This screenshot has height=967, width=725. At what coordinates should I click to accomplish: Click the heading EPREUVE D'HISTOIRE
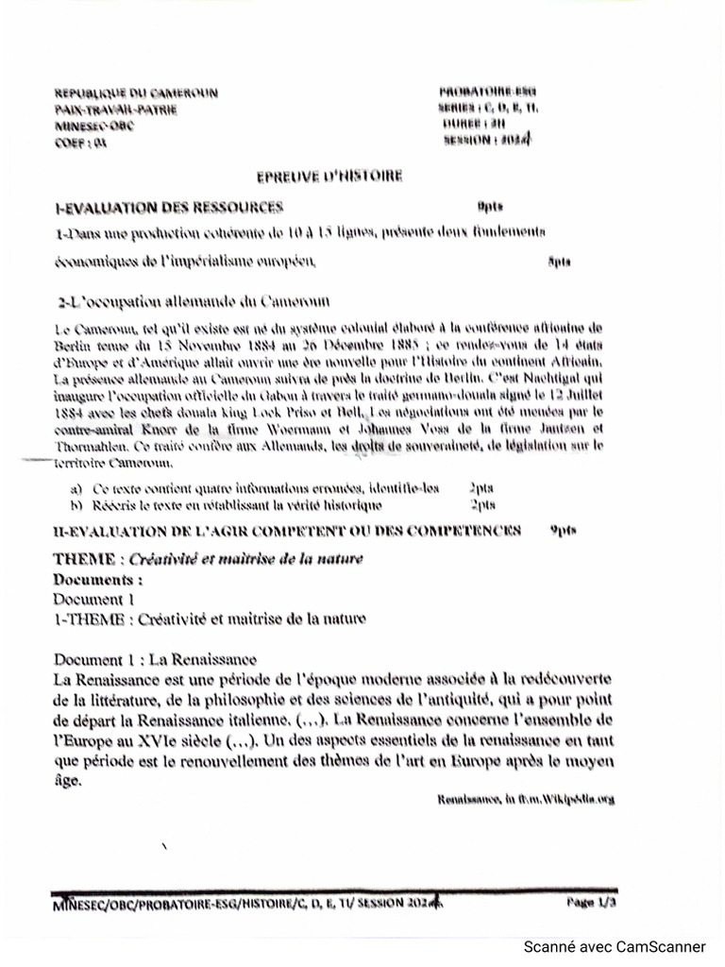(329, 176)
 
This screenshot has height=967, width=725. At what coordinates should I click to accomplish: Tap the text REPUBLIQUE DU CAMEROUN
(136, 93)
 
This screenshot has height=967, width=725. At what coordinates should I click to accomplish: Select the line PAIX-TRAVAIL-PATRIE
(115, 110)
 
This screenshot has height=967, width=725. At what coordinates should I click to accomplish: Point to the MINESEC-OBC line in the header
(94, 126)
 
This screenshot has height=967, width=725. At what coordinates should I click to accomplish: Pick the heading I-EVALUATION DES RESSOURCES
(169, 206)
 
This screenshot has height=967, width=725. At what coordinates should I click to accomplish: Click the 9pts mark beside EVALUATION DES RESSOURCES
(489, 205)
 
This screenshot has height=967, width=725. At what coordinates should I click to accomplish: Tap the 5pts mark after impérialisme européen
(558, 261)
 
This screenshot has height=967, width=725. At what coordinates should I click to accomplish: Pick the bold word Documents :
(98, 578)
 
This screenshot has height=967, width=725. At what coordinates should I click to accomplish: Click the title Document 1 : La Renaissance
(155, 659)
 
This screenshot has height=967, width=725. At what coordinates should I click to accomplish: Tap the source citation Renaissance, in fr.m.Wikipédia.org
(525, 799)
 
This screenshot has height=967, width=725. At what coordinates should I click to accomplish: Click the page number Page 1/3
(592, 903)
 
